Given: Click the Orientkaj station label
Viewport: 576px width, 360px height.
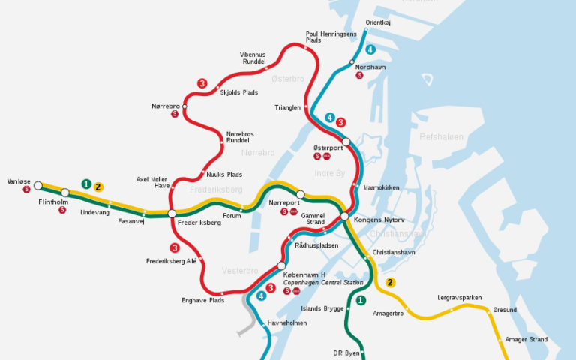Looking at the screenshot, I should (x=378, y=22).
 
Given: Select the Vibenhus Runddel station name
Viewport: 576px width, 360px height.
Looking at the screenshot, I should (x=253, y=58).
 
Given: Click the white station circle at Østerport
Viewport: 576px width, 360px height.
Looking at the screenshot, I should (x=346, y=141).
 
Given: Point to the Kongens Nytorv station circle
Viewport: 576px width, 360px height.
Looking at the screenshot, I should (x=344, y=216).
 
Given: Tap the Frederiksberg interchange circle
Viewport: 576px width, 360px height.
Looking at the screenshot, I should (x=172, y=214).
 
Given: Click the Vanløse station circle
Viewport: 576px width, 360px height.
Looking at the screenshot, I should (x=37, y=185).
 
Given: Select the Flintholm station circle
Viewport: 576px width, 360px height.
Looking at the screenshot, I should (x=65, y=193).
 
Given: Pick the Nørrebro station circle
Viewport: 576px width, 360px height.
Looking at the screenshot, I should (x=184, y=106).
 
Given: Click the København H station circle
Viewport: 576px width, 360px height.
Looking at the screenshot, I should (x=282, y=265).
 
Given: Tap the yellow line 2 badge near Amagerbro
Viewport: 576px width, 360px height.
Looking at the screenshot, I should (x=390, y=283).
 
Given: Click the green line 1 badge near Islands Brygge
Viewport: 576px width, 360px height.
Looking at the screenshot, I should (x=361, y=301).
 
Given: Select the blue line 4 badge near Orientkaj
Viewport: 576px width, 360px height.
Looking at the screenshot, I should (x=370, y=50).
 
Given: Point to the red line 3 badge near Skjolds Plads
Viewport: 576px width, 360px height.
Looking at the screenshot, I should (x=202, y=83).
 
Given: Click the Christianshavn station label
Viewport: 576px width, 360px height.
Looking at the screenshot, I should (x=393, y=253).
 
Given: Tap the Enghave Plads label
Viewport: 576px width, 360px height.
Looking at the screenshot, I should (x=203, y=300).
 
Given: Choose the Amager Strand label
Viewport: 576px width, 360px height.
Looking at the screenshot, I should (x=526, y=339).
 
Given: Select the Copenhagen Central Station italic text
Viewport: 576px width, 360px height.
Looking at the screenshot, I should (x=323, y=283).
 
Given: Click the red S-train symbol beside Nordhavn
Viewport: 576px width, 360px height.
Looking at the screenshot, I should (x=359, y=75).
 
